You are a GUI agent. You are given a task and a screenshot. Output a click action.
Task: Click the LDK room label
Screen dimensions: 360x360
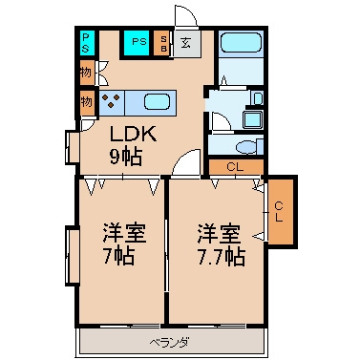pos(133,134)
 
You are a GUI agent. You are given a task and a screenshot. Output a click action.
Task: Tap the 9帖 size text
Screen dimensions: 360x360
pos(126,157)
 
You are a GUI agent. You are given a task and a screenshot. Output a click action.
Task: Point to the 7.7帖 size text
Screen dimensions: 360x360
pos(222,257)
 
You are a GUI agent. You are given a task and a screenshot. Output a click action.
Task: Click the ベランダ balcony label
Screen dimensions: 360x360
pos(170,343)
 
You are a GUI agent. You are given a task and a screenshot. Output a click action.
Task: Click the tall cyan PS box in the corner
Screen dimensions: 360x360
pos(86,43)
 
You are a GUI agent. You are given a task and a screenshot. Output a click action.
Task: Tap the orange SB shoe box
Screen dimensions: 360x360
pos(163,43)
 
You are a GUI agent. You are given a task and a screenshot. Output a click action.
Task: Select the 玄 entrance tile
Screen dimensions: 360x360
pos(187,43)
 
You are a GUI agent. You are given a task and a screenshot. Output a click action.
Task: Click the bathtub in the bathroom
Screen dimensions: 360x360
pos(242,42)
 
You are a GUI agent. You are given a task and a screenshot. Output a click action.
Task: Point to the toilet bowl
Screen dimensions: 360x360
pos(246,147)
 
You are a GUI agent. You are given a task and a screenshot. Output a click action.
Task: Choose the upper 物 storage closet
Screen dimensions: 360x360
pos(87,73)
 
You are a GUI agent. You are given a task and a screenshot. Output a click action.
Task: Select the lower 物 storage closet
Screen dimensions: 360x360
pos(87,102)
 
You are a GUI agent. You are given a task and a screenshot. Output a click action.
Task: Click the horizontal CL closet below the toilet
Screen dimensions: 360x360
pos(236,167)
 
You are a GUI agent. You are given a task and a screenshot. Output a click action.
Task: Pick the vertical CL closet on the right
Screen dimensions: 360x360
pos(280,212)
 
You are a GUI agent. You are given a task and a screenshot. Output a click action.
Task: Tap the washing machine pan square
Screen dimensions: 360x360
pos(253,119)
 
